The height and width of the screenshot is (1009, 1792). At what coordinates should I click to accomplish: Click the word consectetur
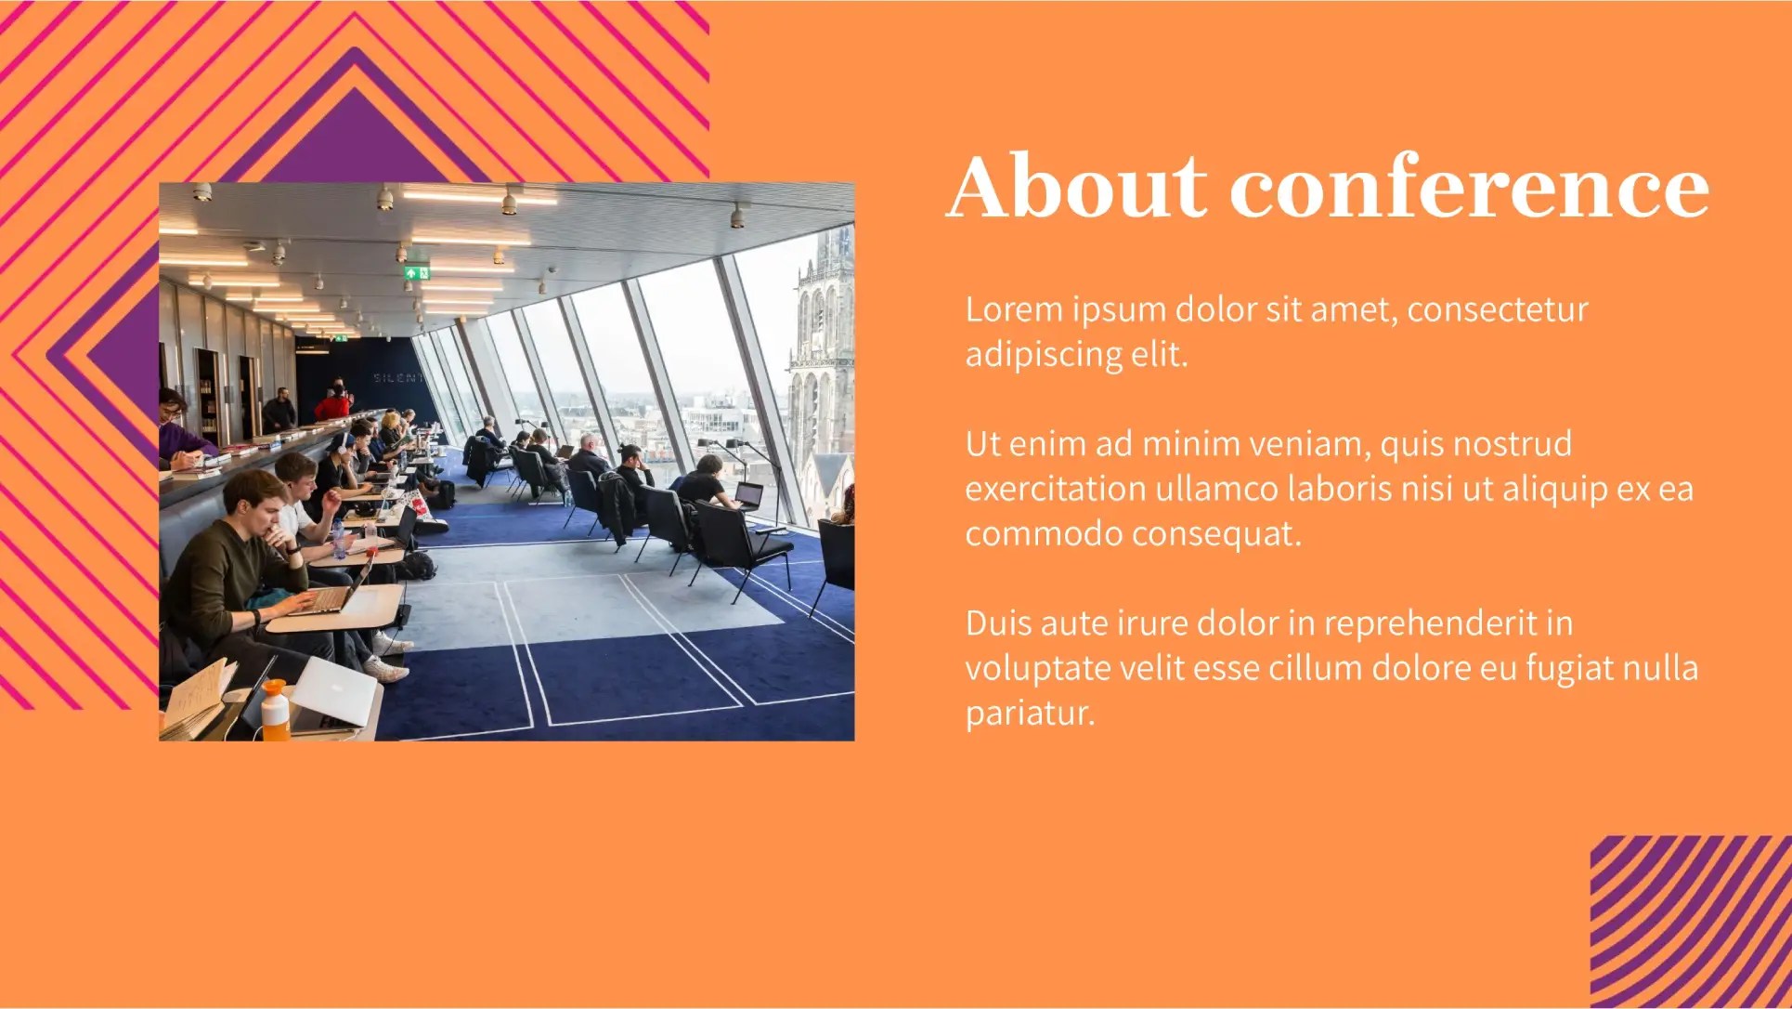coord(1498,309)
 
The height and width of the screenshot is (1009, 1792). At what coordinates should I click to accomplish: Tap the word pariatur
coord(1031,713)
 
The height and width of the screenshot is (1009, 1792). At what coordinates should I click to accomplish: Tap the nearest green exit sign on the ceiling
coord(416,273)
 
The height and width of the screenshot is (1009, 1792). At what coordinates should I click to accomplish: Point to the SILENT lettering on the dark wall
coord(397,378)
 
